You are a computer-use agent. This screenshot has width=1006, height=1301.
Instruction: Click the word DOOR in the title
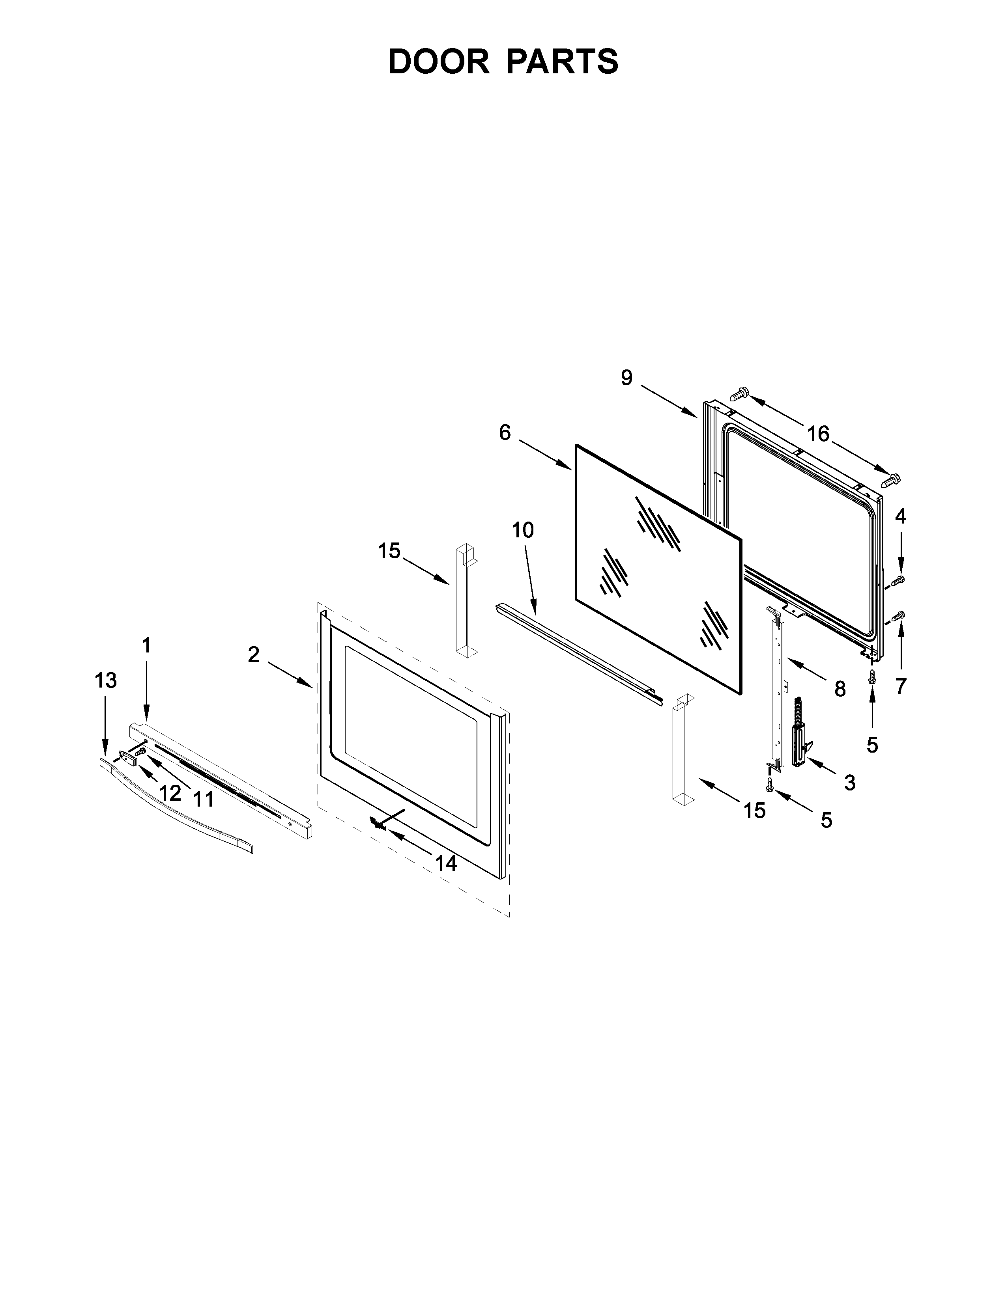438,62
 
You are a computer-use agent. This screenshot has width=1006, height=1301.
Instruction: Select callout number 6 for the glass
505,432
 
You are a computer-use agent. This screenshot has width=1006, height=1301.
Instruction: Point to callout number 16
818,434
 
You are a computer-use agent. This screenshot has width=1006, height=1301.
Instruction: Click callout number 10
523,529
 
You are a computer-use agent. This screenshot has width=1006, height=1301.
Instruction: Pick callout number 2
254,655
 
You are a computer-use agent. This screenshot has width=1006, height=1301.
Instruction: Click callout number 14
446,863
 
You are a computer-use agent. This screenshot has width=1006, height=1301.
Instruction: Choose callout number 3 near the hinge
850,782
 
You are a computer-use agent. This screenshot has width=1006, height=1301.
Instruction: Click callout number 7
901,686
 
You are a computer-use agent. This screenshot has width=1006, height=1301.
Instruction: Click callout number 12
170,793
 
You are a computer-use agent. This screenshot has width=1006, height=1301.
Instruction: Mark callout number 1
146,645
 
